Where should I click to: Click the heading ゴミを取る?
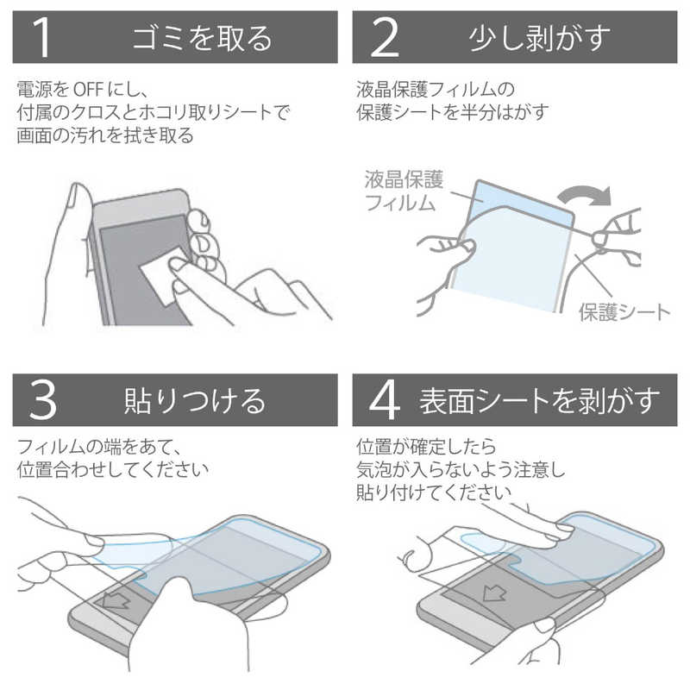tap(202, 38)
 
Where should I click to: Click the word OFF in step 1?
tap(90, 89)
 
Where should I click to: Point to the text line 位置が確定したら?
tap(426, 447)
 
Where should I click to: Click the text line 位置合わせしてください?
tap(112, 470)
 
